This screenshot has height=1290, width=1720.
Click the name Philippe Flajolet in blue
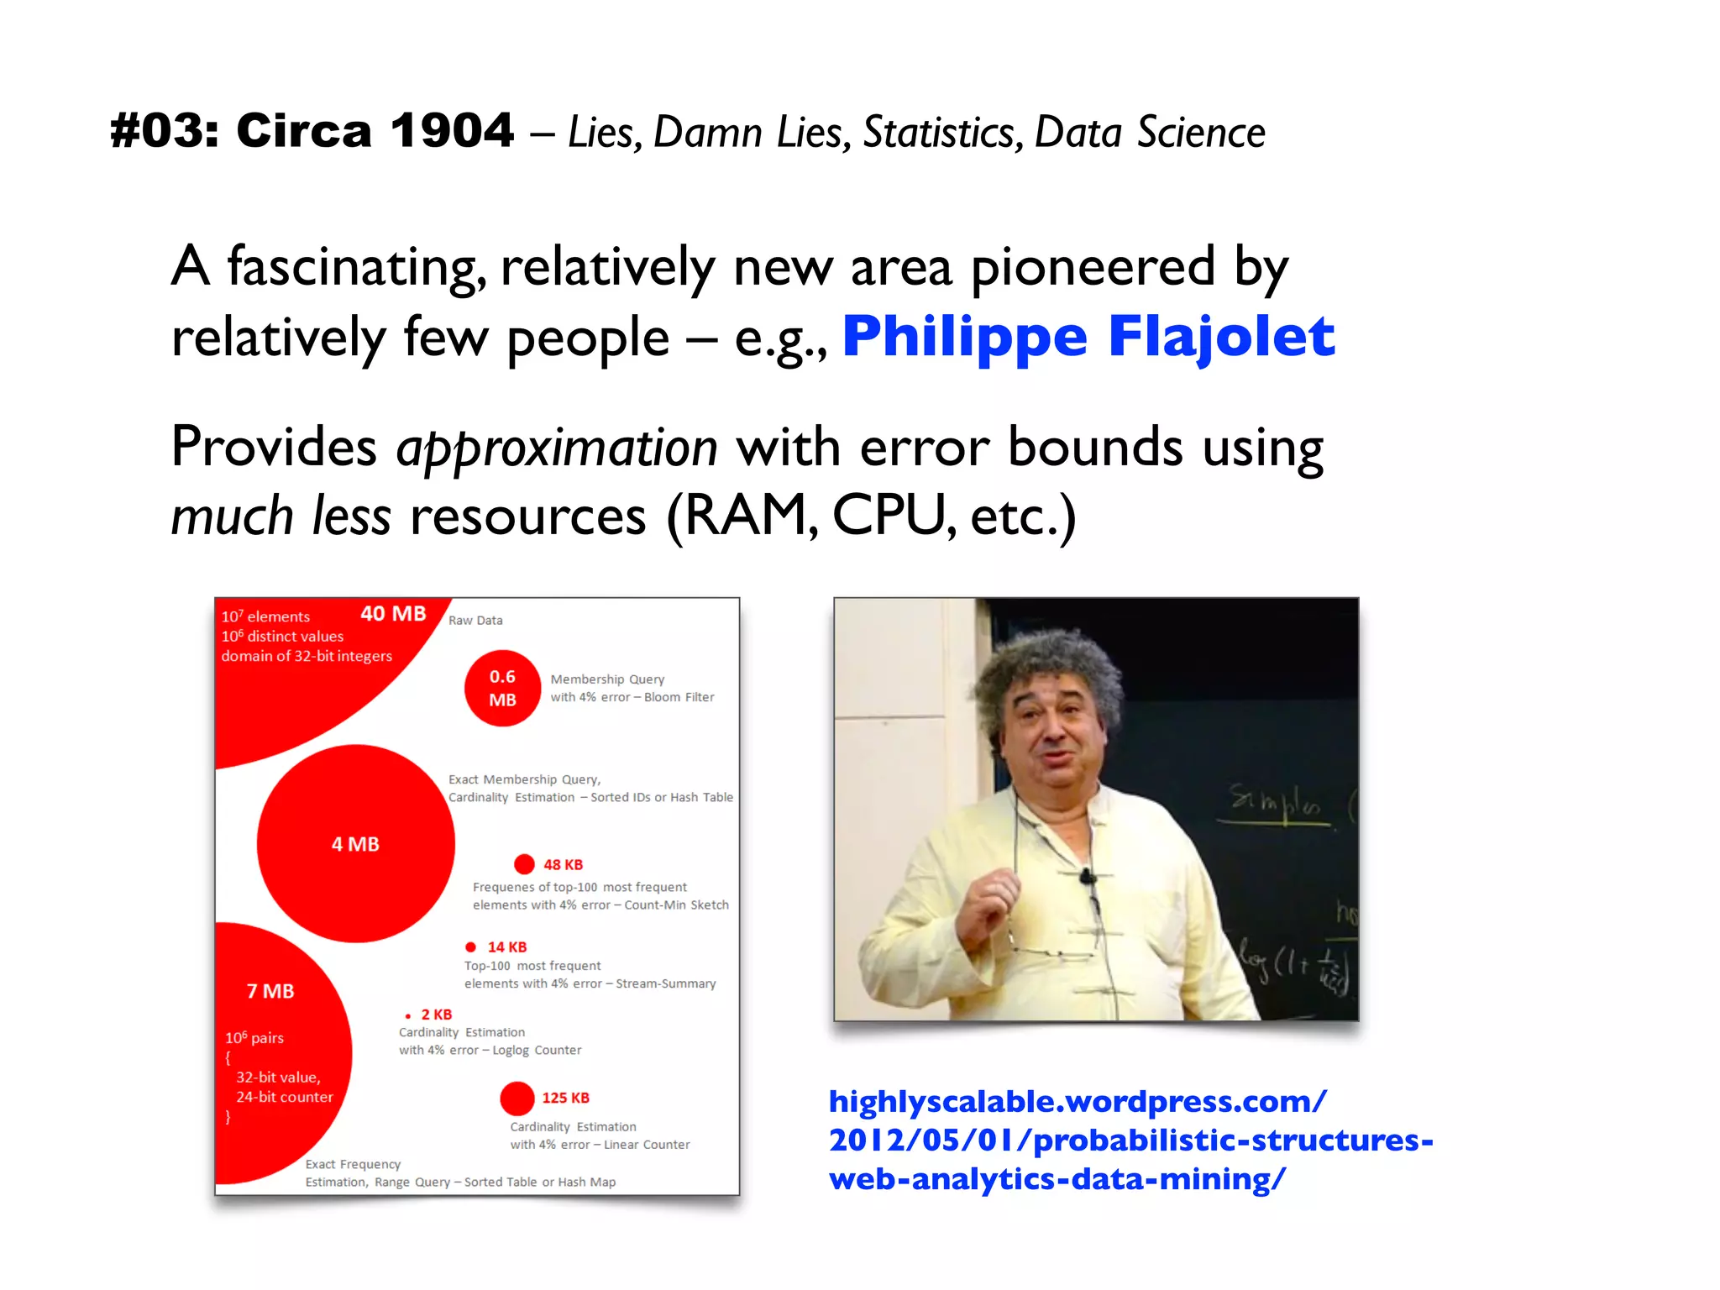pos(1088,336)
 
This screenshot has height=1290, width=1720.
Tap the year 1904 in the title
pos(452,131)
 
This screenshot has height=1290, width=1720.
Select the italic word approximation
pos(557,447)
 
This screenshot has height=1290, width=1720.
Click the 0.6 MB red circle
pos(502,688)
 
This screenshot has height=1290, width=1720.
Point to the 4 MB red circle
pos(355,843)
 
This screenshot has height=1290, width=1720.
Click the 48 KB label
pos(563,864)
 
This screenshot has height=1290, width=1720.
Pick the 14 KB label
pos(507,947)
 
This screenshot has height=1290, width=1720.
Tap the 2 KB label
pos(437,1015)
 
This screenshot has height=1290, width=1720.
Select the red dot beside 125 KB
pos(517,1098)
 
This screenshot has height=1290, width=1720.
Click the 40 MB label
pos(393,614)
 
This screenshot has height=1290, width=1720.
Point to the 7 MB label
pos(270,991)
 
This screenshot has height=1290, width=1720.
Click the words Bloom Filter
pos(679,697)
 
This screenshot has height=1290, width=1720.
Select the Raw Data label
pos(475,621)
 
